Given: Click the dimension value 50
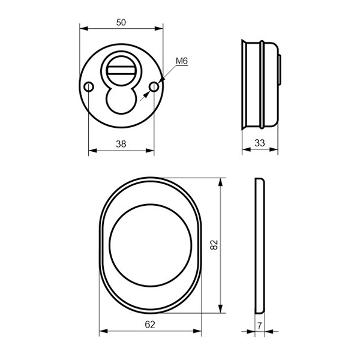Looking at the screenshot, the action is coord(121,23).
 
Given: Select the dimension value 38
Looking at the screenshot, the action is coord(121,144).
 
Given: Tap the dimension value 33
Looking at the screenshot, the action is coord(260,143).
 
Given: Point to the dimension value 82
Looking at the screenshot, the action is coord(214,245).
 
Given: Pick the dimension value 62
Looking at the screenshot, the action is coord(150,325).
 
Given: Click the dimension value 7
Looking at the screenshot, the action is coord(260,326).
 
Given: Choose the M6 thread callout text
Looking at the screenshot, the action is coord(182,61).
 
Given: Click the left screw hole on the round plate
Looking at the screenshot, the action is coord(89,87).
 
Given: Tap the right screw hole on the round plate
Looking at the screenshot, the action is coord(154,87).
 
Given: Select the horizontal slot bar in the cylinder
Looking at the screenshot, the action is coord(121,70).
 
